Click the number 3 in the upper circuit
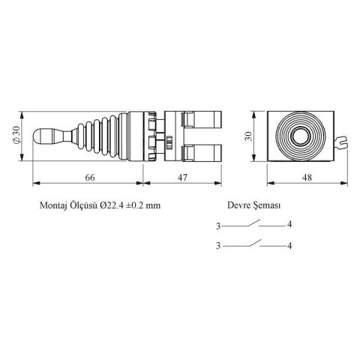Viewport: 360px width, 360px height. click(218, 225)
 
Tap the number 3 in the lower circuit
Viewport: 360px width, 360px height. click(218, 245)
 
